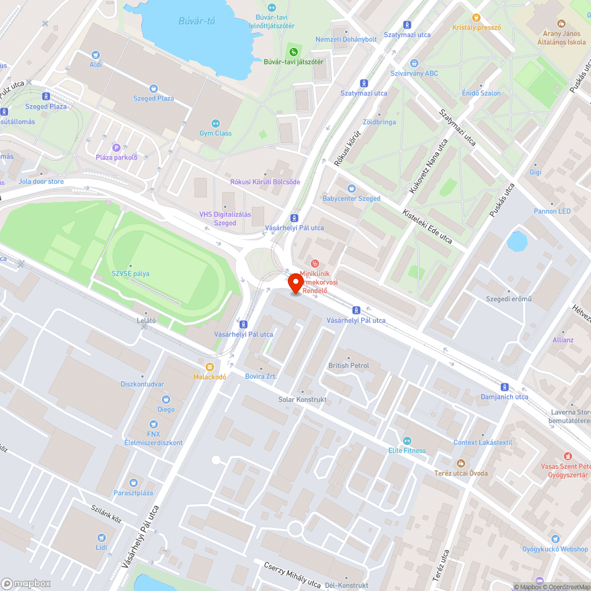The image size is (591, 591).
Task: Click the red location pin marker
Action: click(295, 283)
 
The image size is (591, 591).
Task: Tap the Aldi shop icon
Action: click(96, 54)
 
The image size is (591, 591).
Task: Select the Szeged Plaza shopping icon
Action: click(154, 88)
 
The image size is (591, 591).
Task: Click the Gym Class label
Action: click(215, 133)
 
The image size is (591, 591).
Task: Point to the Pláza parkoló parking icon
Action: click(116, 147)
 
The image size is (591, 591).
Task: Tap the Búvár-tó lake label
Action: click(197, 21)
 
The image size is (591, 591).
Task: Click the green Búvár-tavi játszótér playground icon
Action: click(293, 51)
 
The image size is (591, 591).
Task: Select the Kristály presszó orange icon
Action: click(476, 17)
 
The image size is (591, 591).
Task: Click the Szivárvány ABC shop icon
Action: click(414, 63)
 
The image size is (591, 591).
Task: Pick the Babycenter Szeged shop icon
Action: click(352, 189)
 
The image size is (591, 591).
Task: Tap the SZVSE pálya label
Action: click(131, 274)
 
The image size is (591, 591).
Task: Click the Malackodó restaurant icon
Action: click(210, 366)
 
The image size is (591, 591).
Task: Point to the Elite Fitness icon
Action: click(407, 440)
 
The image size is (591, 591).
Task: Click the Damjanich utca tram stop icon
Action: click(504, 387)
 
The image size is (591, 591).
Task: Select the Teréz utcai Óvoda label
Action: click(461, 473)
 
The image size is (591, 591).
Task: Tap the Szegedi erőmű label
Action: click(508, 298)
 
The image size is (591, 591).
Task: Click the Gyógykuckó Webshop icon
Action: click(555, 539)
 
